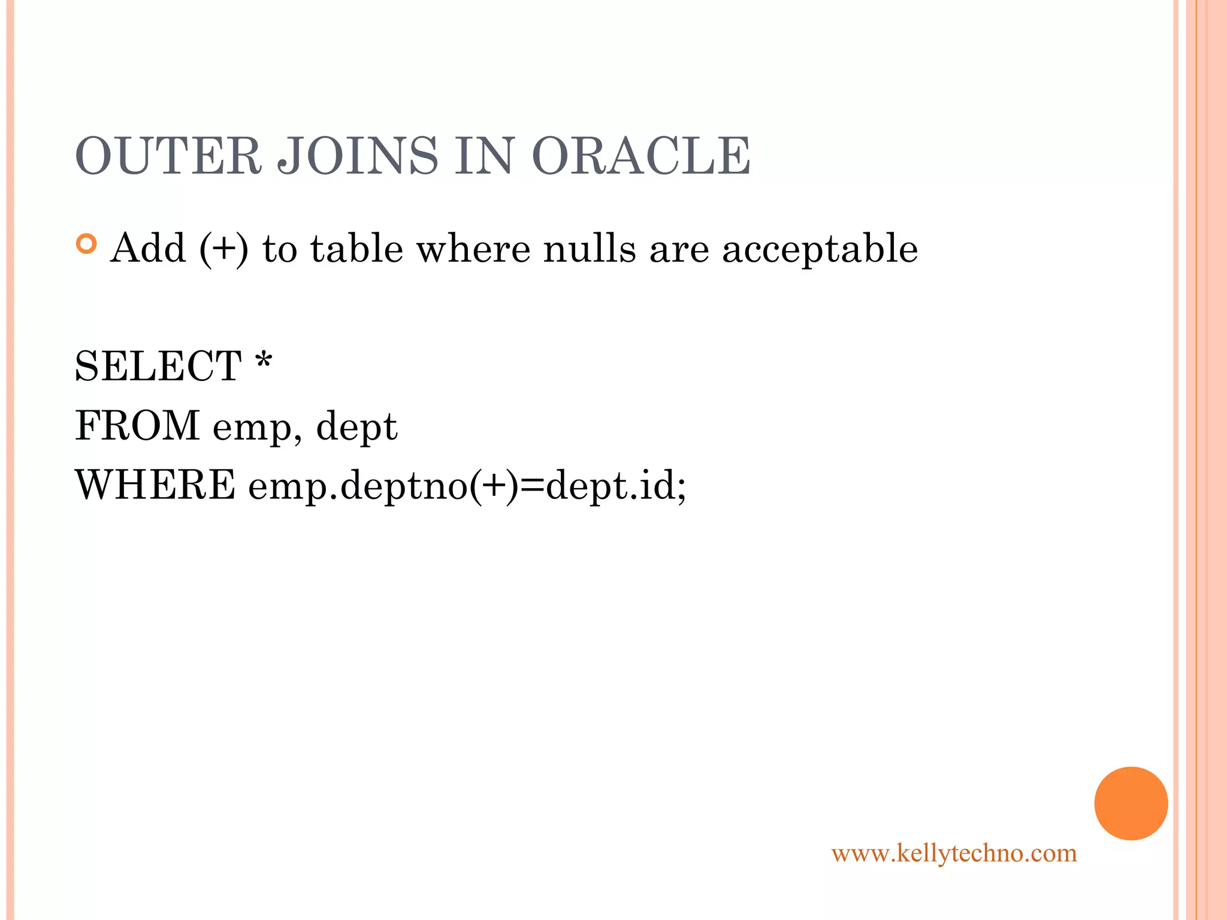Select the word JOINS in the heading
(358, 156)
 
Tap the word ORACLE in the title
(640, 156)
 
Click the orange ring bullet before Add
(87, 244)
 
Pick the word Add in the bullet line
(148, 248)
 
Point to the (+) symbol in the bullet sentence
(223, 249)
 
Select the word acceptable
(820, 249)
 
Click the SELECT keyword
(158, 366)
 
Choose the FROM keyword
(137, 426)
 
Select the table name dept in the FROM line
(356, 428)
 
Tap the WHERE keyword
(155, 485)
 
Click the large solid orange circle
(1131, 803)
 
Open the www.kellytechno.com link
(954, 853)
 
